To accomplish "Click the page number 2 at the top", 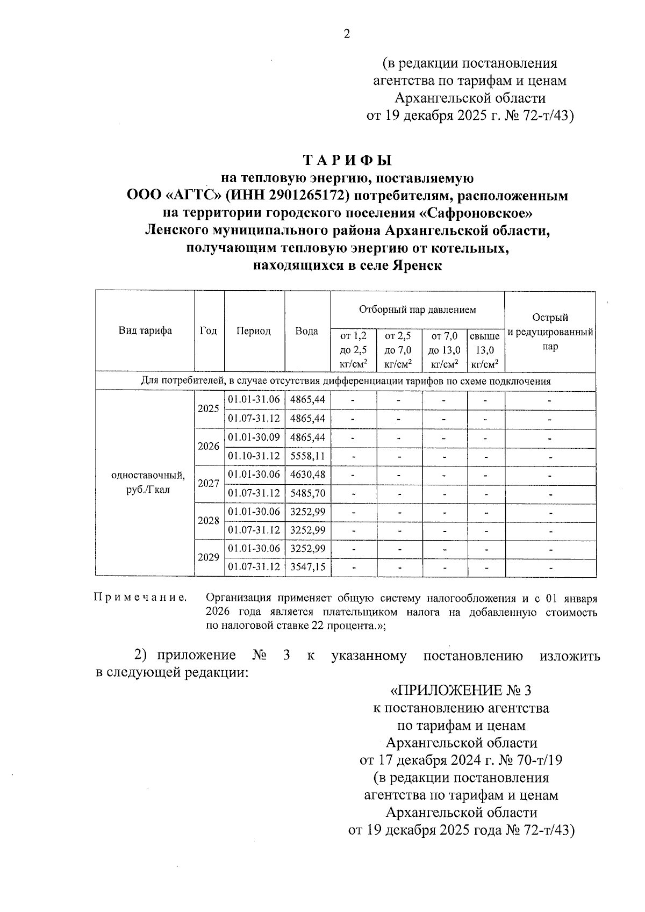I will point(347,34).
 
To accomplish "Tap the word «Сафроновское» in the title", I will point(475,213).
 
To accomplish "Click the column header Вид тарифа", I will point(145,331).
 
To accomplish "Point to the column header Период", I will point(254,331).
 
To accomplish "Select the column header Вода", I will point(307,331).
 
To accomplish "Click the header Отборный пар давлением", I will point(417,310).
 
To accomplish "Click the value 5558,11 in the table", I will point(307,456).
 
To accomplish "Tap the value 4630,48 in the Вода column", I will point(307,475).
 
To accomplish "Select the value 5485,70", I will point(307,493).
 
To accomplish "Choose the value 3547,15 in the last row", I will point(307,567).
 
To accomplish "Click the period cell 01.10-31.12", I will point(254,456).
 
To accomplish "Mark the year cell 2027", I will point(209,483).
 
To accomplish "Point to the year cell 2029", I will point(209,558).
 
